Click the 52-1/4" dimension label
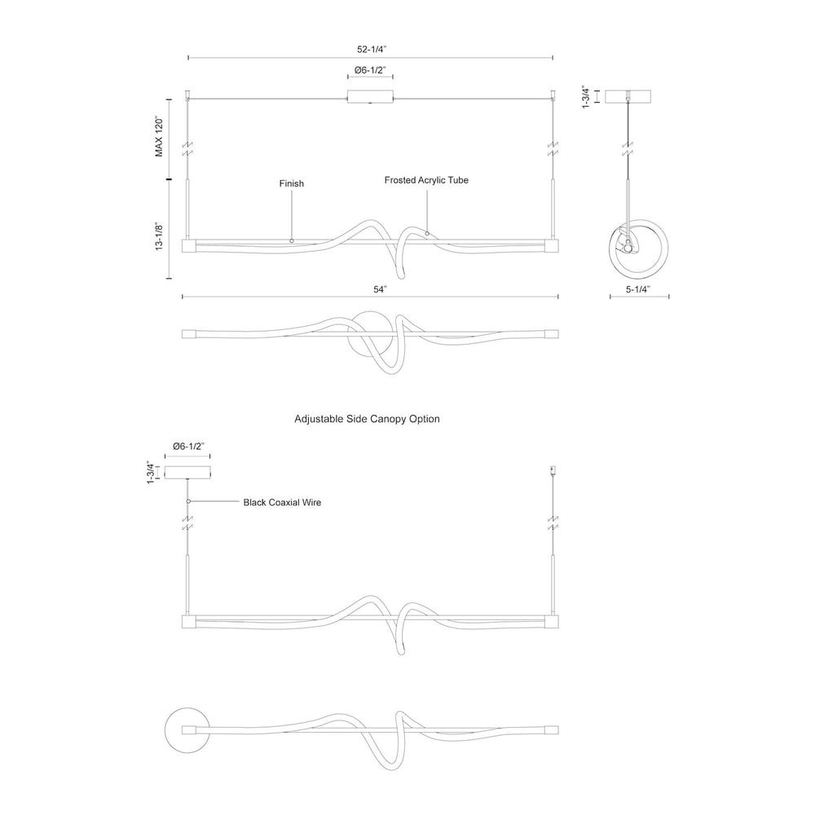372,50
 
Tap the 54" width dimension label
380,289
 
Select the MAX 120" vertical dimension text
159,137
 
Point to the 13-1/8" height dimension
159,237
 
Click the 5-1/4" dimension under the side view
638,289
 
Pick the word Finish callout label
291,183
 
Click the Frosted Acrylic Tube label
426,180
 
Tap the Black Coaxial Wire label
282,503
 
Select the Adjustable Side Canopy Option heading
367,419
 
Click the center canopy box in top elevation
370,97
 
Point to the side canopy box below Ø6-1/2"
187,472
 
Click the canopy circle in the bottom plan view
187,729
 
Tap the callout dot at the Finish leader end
291,240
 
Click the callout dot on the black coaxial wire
188,501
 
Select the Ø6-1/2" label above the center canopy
370,70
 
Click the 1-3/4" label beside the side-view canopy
586,97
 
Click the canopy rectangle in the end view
628,97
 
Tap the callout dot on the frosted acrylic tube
427,233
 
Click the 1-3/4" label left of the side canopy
151,473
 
